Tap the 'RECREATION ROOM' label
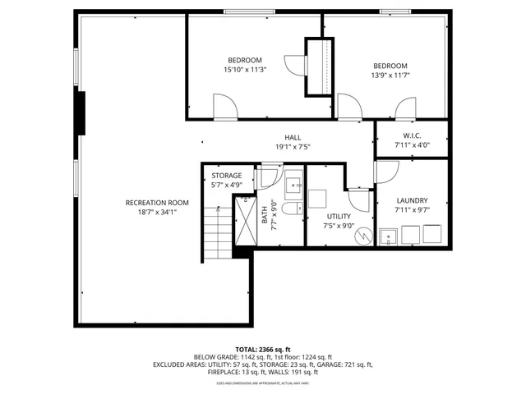tap(157, 203)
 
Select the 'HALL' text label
tap(293, 138)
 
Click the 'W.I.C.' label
tap(412, 135)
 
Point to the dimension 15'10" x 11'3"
tap(244, 70)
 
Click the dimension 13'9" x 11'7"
tap(390, 76)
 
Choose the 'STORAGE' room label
tap(226, 176)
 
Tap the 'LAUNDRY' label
tap(412, 200)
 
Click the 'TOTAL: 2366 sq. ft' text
tap(262, 348)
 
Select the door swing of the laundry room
tap(387, 171)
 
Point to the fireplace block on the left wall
tap(80, 112)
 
